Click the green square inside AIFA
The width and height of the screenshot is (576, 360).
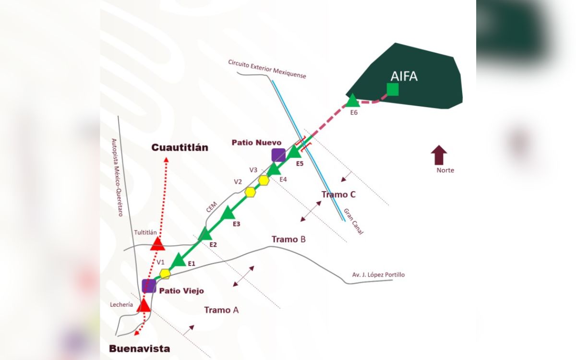[x=393, y=89]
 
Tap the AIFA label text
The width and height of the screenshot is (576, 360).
[x=404, y=76]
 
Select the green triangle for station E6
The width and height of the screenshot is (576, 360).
[x=352, y=101]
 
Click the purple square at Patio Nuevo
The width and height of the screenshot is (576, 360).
[x=278, y=155]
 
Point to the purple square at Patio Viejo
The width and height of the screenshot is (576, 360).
[x=149, y=286]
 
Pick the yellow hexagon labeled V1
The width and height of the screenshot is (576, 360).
[x=165, y=274]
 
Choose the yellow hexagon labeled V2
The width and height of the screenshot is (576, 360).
[x=250, y=192]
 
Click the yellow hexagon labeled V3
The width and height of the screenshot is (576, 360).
[x=264, y=180]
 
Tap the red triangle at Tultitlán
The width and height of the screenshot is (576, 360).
[x=157, y=244]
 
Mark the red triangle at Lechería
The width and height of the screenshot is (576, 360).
[x=143, y=306]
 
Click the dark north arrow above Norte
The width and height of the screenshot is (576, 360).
[x=439, y=155]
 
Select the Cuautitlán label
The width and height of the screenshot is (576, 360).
[x=180, y=147]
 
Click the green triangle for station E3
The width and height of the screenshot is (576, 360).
[x=228, y=213]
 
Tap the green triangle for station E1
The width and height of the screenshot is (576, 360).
[x=179, y=260]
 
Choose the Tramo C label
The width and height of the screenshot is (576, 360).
[x=338, y=194]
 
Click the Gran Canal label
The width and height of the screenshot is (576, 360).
[x=354, y=221]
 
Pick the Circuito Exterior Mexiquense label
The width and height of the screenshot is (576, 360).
[x=267, y=69]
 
